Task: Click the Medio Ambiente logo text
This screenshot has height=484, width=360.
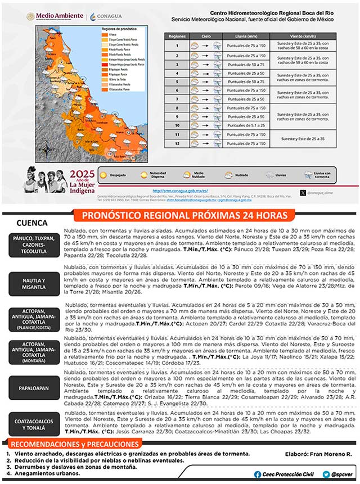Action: (54, 16)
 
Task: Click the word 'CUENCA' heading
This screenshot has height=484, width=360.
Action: (33, 223)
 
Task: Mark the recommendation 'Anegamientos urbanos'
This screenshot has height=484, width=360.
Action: (47, 473)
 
